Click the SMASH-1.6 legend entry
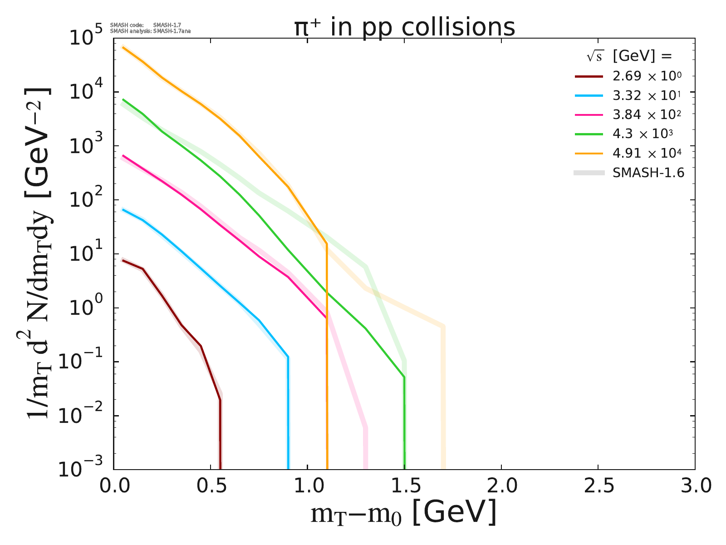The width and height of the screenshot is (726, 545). click(648, 173)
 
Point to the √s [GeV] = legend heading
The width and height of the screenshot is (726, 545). click(629, 56)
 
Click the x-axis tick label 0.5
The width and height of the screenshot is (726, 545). click(211, 486)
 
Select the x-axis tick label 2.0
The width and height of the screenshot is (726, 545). click(501, 486)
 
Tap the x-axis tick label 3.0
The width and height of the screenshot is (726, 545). click(694, 486)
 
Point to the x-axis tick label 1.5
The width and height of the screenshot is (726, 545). click(404, 486)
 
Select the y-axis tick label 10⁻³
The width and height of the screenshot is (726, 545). click(83, 470)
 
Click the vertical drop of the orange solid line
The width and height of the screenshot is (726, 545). click(327, 363)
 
